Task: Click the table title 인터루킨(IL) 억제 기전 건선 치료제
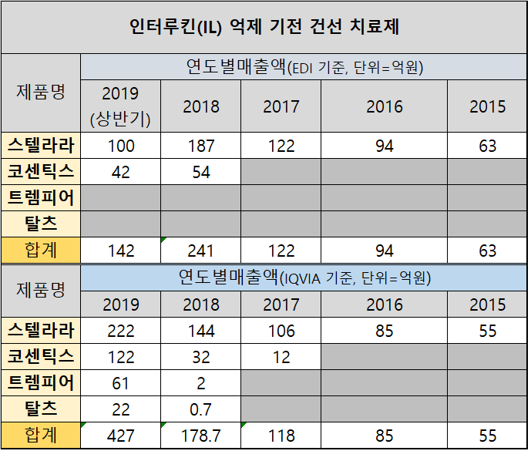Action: point(264,28)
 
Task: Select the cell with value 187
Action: point(200,146)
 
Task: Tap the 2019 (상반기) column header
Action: point(120,106)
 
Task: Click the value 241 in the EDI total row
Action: point(200,251)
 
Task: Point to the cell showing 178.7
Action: point(200,436)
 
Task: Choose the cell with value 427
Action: point(120,436)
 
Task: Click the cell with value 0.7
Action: point(200,409)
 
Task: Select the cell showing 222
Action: point(120,331)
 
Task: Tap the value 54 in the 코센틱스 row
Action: point(200,172)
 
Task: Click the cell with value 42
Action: point(120,172)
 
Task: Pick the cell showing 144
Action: point(200,331)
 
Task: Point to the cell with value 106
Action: point(281,331)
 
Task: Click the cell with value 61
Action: point(120,383)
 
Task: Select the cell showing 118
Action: point(281,436)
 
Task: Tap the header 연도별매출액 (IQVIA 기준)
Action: point(304,278)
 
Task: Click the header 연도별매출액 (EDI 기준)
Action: point(304,67)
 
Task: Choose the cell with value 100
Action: point(120,146)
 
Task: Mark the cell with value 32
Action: point(200,357)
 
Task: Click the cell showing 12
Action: point(281,357)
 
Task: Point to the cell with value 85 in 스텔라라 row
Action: point(384,331)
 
